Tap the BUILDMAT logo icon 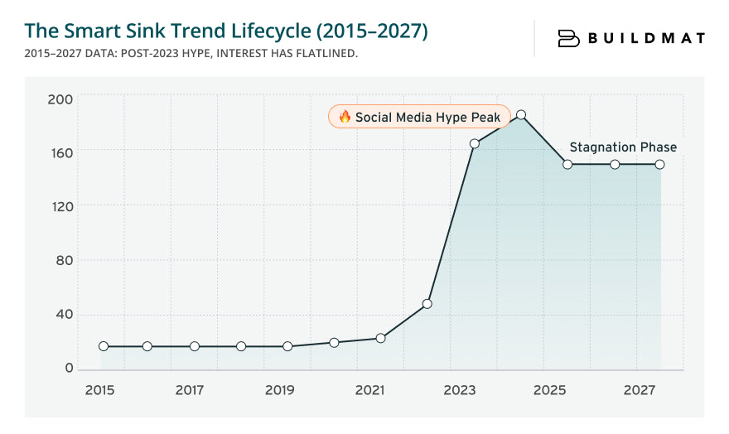[568, 38]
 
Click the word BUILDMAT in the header [646, 38]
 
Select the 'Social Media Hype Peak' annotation [419, 118]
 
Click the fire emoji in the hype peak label [345, 118]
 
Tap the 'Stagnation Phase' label [623, 147]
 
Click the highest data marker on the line [521, 115]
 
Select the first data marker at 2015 [104, 346]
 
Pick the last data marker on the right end [660, 164]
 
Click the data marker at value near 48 [427, 304]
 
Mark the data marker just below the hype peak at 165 [474, 144]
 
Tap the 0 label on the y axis [70, 369]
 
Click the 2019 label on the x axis [280, 390]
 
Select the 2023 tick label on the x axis [460, 390]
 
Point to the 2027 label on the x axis [640, 390]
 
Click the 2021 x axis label [369, 390]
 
